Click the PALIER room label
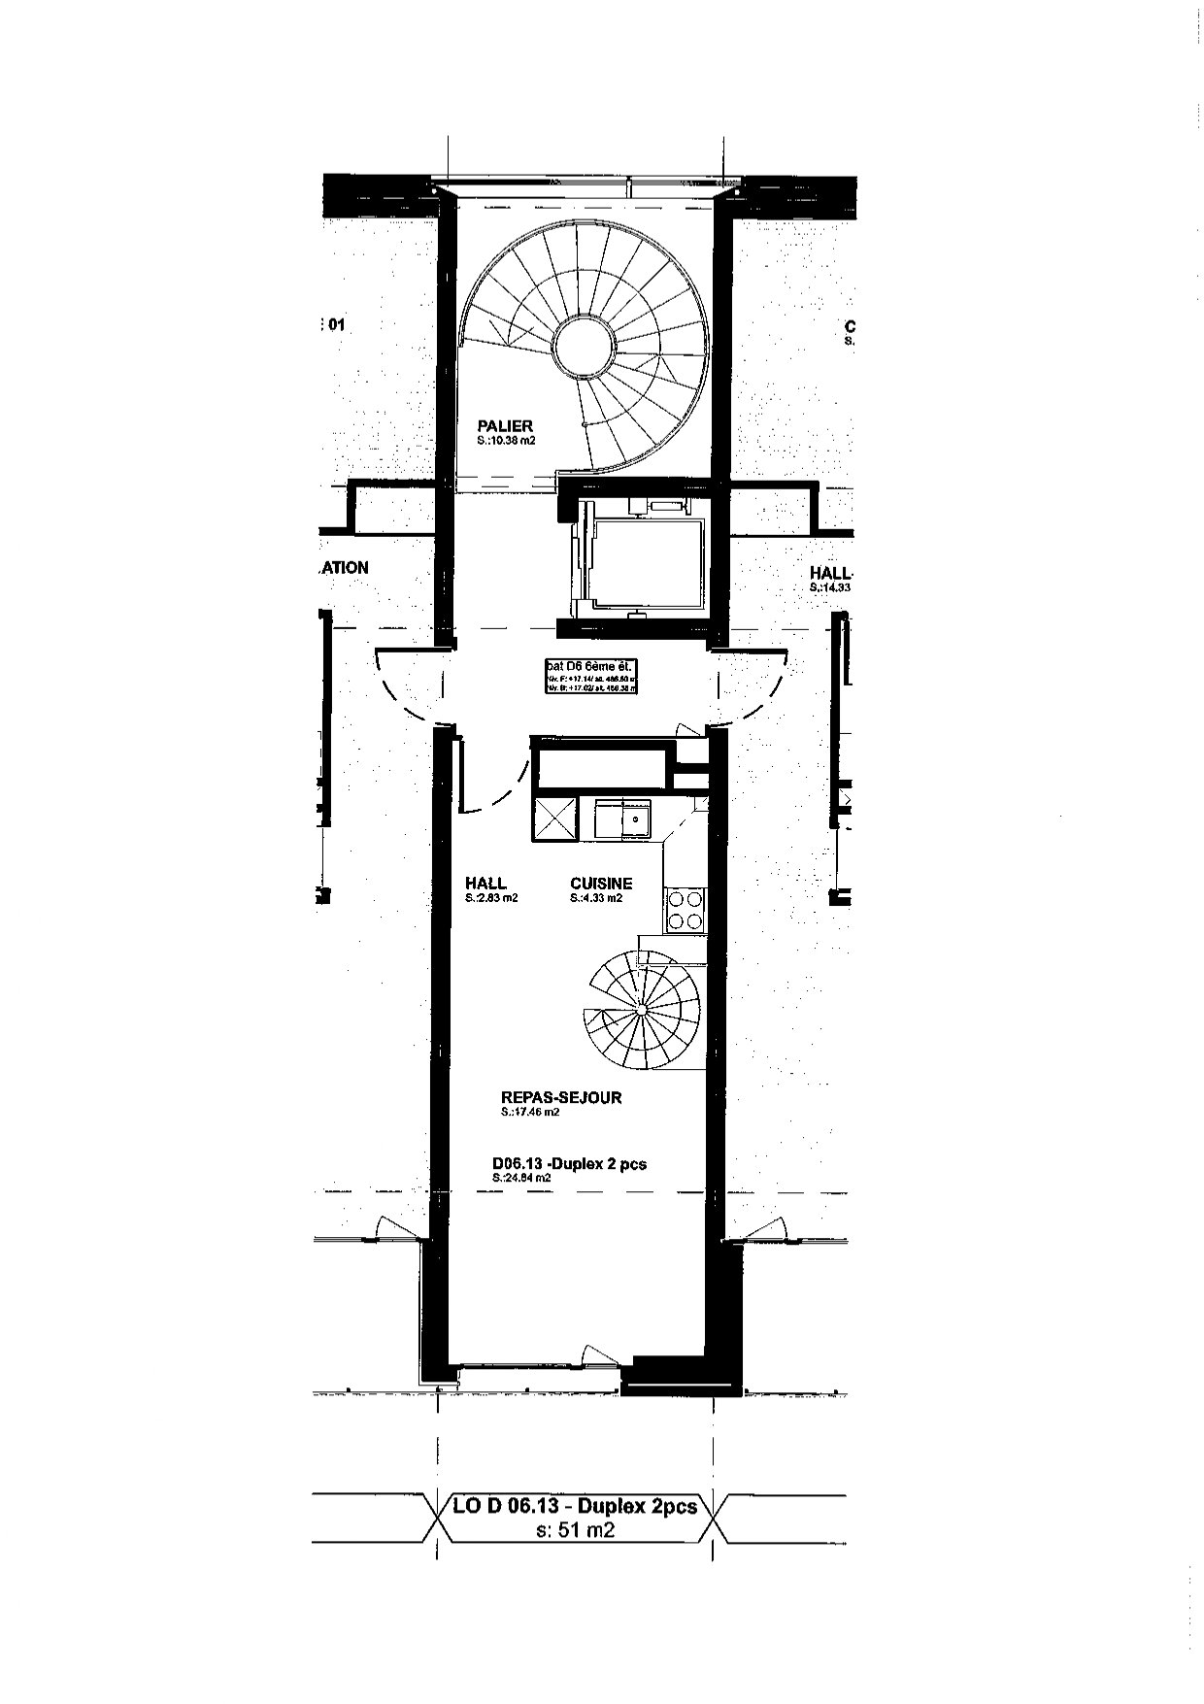[505, 425]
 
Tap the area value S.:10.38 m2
[506, 441]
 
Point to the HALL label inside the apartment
[485, 883]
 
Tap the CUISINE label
[601, 883]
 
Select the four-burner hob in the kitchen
[685, 911]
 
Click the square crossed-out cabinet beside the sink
[553, 819]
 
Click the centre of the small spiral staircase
[642, 1011]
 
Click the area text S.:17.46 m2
[530, 1113]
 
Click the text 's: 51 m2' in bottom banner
[576, 1530]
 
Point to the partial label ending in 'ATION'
[344, 567]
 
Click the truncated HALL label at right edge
[830, 573]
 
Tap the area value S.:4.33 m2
[596, 898]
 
